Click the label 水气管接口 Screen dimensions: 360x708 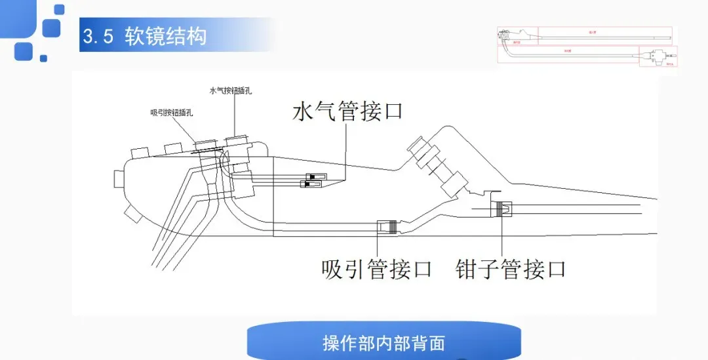347,111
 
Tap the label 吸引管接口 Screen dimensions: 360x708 377,268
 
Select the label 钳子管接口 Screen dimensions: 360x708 511,268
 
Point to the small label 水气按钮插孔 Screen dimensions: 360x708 231,91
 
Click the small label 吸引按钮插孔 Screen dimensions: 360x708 172,112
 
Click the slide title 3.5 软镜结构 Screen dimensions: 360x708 145,36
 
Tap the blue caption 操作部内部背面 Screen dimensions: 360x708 383,343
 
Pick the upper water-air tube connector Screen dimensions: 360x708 316,177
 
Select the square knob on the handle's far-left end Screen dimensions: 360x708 119,178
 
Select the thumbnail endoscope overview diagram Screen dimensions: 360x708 587,47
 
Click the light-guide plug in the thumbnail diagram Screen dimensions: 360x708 658,56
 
